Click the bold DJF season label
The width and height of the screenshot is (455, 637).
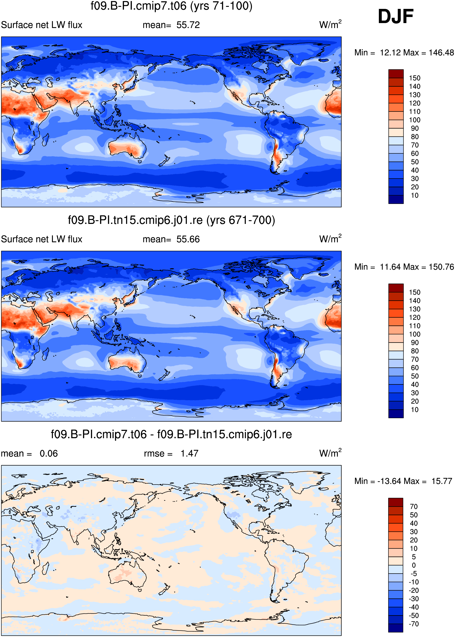(395, 17)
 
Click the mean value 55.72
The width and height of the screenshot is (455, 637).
(188, 25)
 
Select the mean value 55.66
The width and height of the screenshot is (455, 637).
(188, 239)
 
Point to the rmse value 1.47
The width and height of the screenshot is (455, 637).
(189, 454)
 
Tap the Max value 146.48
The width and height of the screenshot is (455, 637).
(441, 53)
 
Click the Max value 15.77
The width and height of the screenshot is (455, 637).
(442, 481)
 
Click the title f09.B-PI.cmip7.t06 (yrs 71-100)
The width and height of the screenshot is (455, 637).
(172, 6)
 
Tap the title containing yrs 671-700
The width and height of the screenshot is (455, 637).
(172, 220)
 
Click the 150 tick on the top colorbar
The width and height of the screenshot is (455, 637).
(415, 78)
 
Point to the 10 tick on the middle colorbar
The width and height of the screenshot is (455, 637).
(415, 410)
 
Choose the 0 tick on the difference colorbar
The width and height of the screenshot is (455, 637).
(414, 565)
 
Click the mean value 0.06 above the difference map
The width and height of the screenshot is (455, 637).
(49, 454)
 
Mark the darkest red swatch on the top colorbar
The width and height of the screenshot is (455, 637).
(396, 74)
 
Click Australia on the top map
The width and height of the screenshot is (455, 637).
(128, 147)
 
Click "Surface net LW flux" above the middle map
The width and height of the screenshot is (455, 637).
(41, 239)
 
